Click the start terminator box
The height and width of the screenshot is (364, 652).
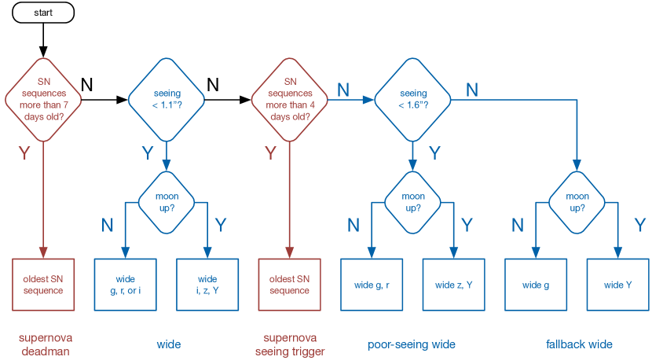43,13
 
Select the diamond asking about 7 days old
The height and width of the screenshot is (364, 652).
43,100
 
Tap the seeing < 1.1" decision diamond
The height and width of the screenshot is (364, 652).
167,100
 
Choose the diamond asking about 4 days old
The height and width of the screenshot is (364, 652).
289,100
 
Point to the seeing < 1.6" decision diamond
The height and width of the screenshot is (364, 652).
412,100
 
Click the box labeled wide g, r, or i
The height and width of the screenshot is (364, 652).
125,285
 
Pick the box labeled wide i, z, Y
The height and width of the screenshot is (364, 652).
207,285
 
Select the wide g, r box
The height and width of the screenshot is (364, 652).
372,285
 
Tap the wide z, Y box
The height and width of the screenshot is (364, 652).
454,285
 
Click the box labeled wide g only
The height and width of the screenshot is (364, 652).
536,285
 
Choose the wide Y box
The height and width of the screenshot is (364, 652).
618,285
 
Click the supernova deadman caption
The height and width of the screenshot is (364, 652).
46,344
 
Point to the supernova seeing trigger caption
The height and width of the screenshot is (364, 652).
290,344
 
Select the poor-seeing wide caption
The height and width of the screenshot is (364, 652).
412,344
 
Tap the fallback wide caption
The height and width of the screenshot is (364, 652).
579,344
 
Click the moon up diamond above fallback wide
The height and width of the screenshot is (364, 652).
577,203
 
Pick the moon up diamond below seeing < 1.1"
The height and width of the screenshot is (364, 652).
167,203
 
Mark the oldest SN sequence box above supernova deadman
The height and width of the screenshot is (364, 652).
43,285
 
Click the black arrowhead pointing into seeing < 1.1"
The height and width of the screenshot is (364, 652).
122,100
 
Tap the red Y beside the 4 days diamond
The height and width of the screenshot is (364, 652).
271,153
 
